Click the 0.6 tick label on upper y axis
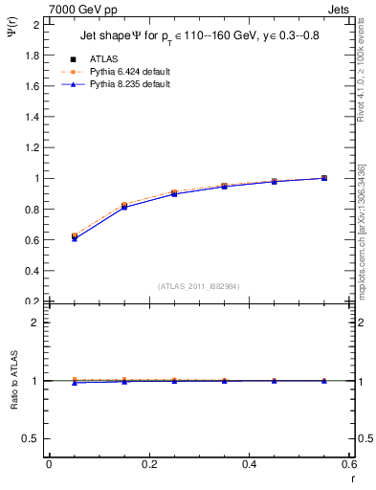pos(31,239)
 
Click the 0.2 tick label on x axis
pos(148,464)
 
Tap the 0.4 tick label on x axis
pos(249,464)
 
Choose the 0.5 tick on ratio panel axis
pos(33,438)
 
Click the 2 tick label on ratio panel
pos(36,323)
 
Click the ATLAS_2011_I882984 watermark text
pos(199,285)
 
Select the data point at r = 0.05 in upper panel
pos(74,235)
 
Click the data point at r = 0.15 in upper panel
pos(123,206)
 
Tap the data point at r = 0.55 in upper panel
pos(324,178)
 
